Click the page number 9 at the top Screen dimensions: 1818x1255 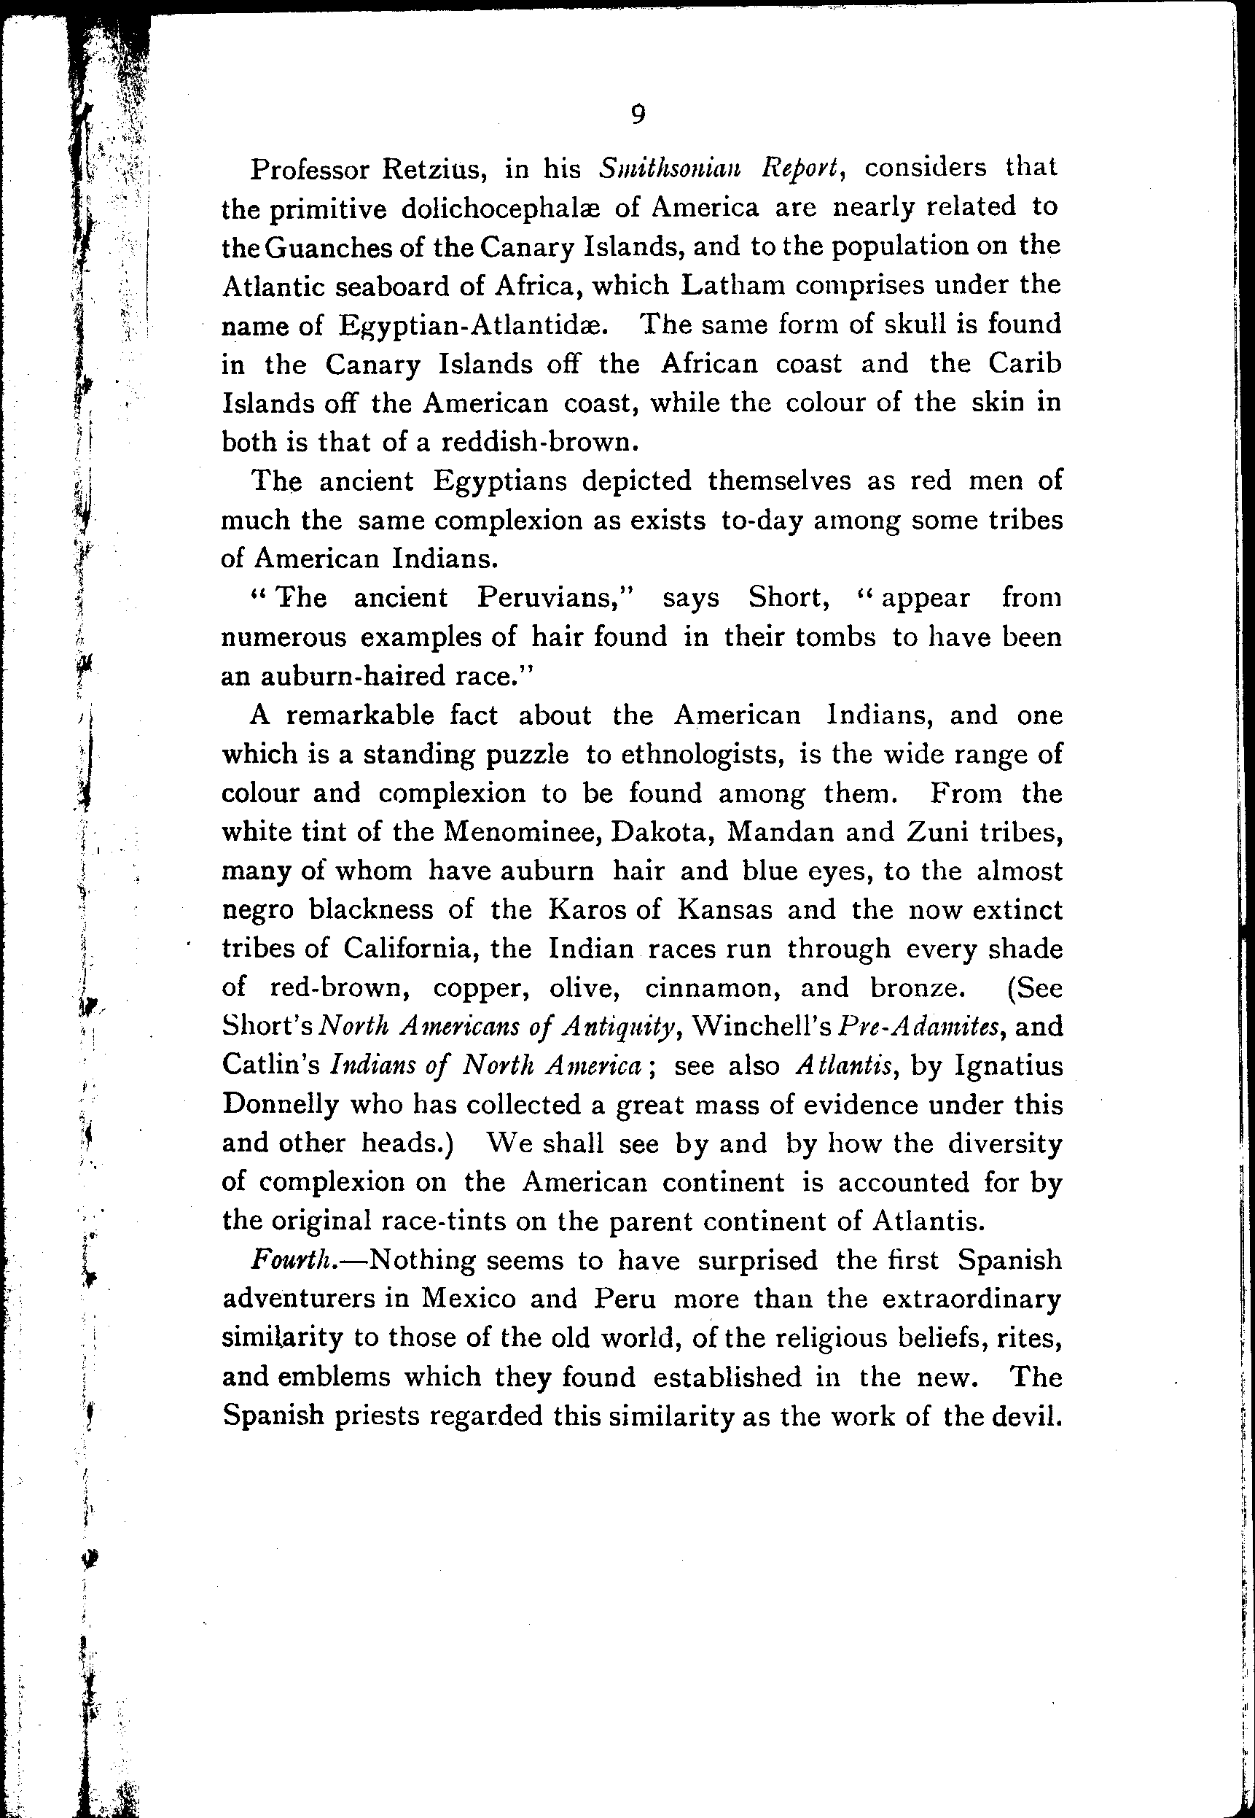tap(638, 116)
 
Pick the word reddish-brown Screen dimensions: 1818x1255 tap(536, 442)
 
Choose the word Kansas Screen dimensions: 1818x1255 tap(725, 910)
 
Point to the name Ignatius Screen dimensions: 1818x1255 tap(1008, 1066)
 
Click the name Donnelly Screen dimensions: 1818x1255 tap(280, 1106)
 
